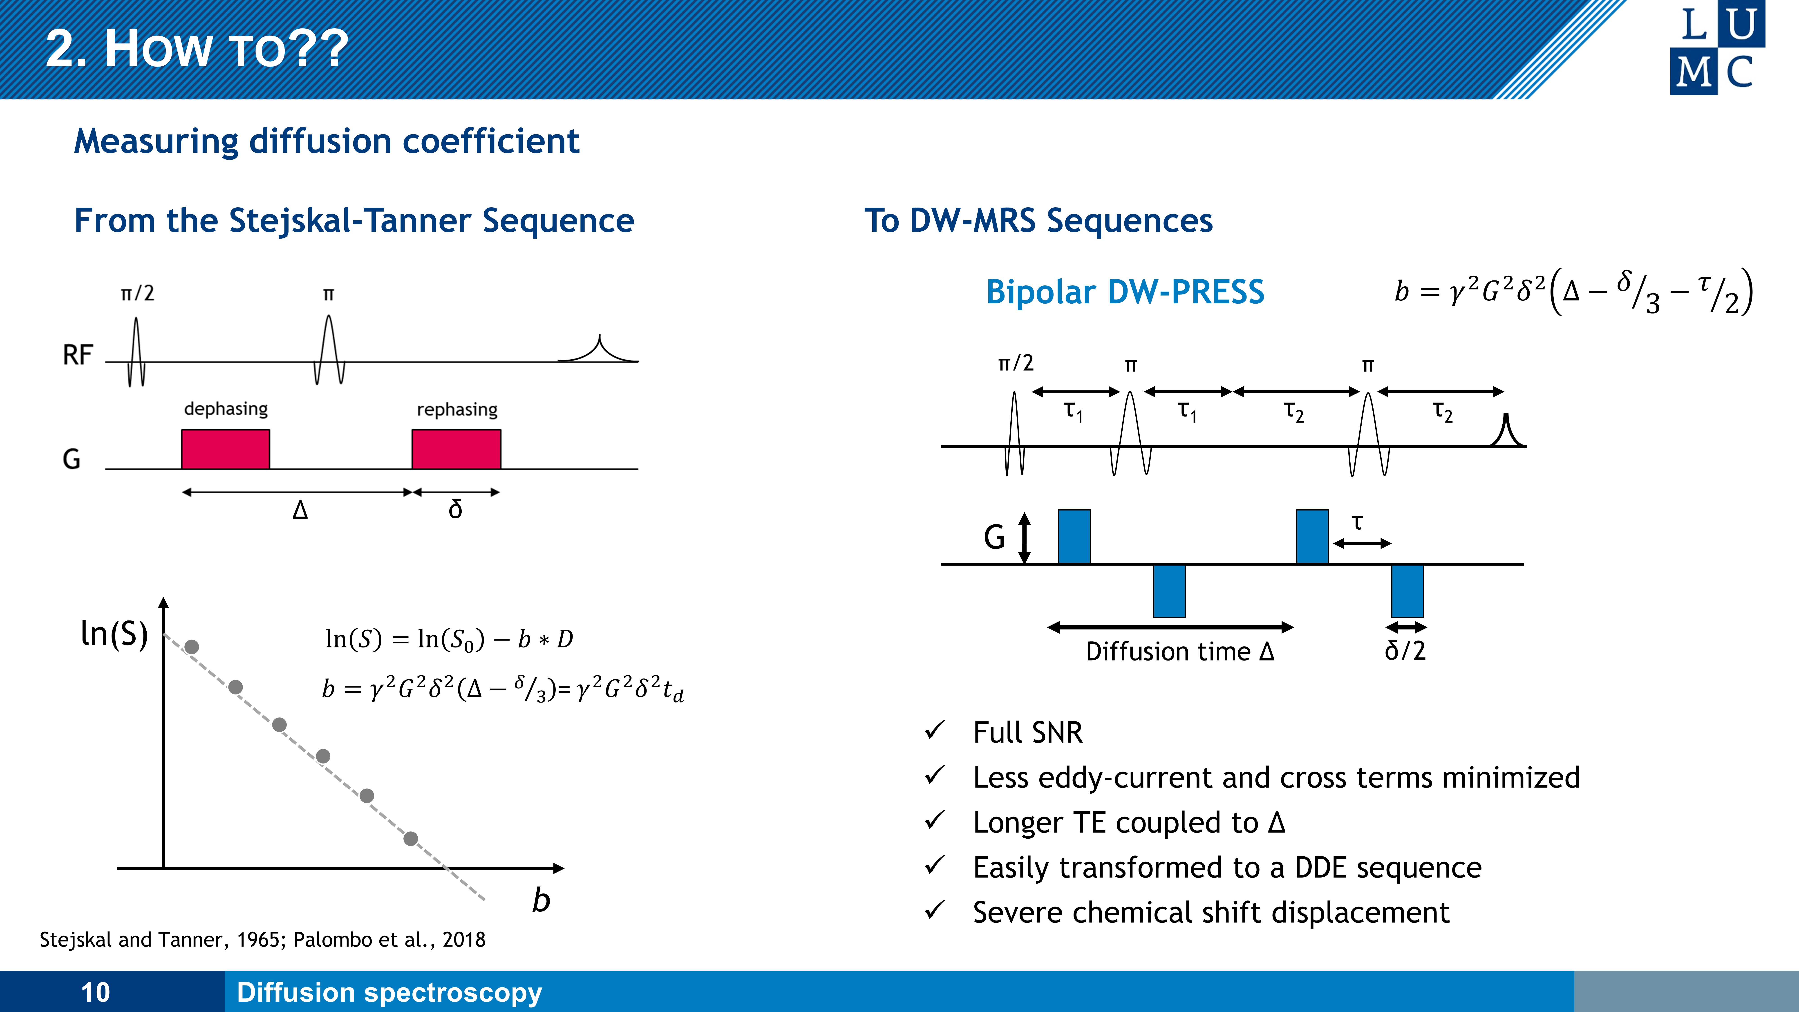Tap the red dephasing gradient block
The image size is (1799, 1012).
click(226, 449)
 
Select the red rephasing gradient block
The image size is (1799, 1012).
click(456, 449)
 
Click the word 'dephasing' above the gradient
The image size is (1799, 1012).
click(226, 409)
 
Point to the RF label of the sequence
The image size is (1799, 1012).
click(78, 355)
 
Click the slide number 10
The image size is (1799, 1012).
click(96, 992)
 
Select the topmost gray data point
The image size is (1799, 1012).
click(191, 647)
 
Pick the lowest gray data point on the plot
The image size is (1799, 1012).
click(411, 838)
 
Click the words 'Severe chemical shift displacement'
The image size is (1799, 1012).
click(1211, 913)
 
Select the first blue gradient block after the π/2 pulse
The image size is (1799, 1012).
click(1074, 536)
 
